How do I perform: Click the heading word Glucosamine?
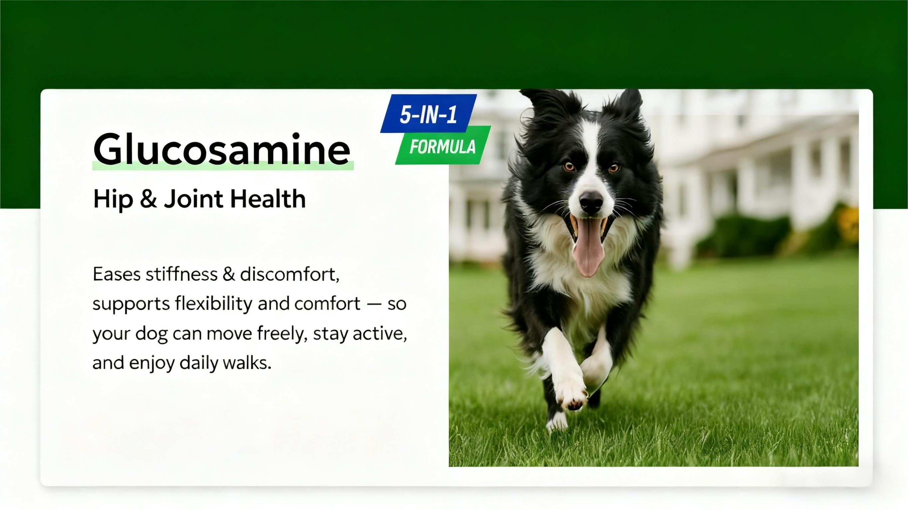tap(222, 149)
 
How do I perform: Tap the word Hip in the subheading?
tap(113, 199)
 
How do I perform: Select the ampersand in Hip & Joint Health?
tap(148, 199)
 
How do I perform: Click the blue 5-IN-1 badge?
tap(429, 113)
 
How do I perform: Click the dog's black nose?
tap(591, 202)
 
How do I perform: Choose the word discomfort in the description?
tap(289, 274)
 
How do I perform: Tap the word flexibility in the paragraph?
tap(213, 304)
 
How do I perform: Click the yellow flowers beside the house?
tap(848, 224)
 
